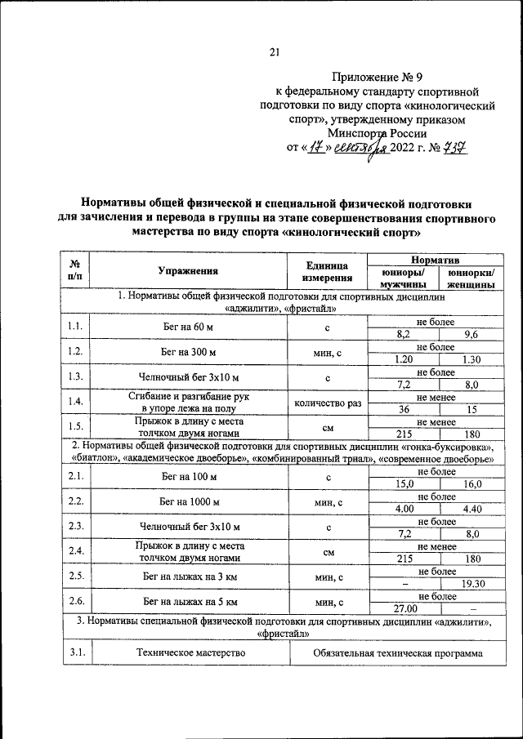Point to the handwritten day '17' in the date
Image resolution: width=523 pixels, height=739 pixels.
(315, 149)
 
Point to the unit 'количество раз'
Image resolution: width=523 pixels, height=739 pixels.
(328, 403)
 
